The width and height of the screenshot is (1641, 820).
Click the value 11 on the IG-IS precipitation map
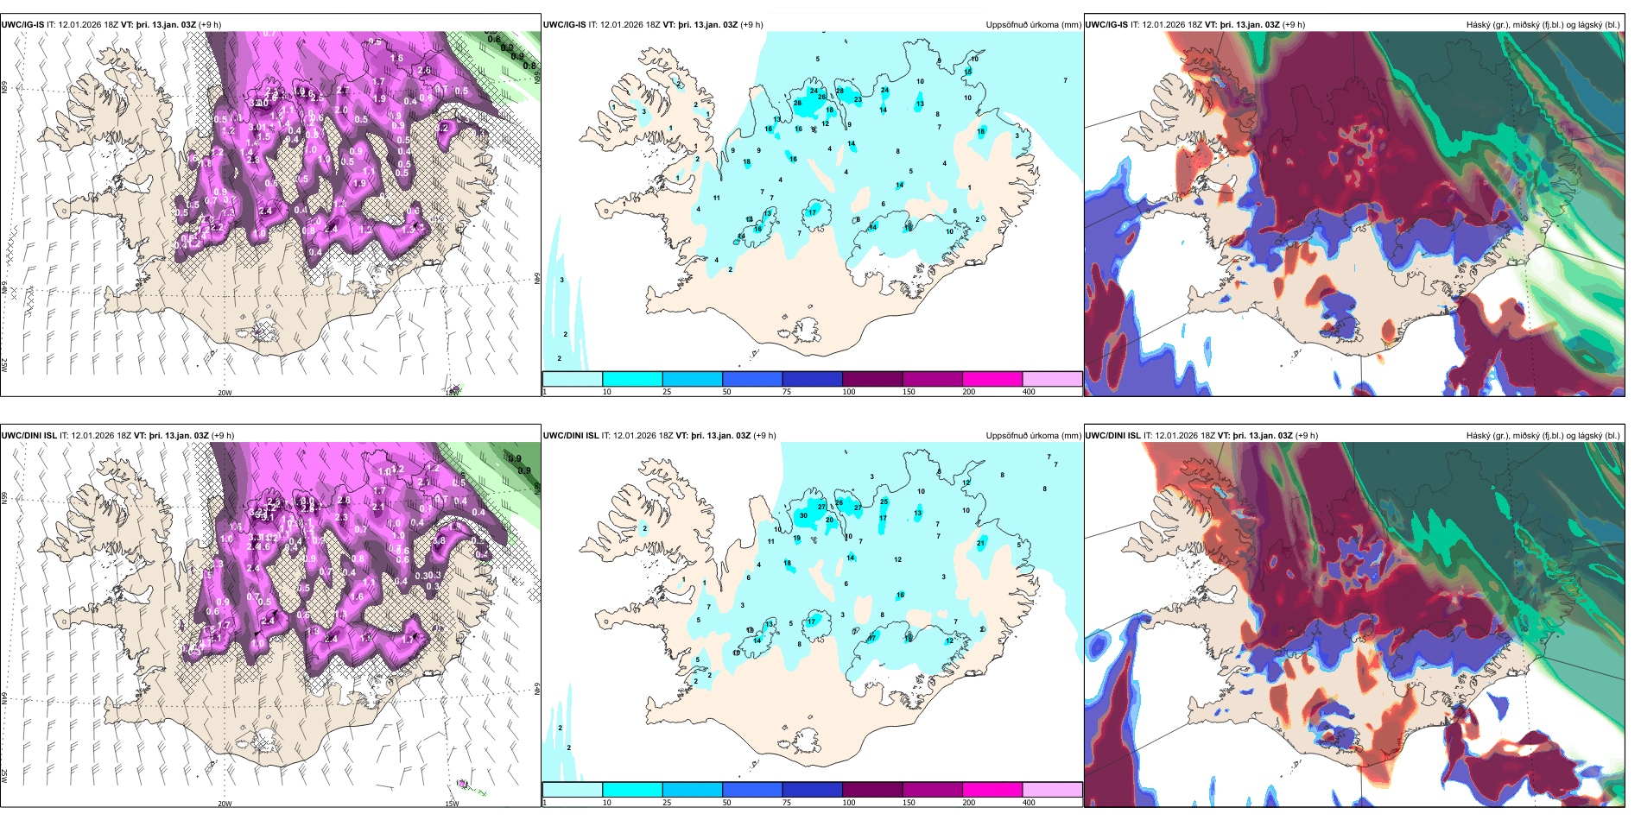click(x=717, y=199)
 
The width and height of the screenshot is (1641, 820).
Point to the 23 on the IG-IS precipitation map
click(x=858, y=100)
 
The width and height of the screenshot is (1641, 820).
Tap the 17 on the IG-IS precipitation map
click(x=813, y=212)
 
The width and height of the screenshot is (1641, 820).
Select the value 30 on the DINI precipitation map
click(x=803, y=515)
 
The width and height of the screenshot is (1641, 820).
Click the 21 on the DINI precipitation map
click(x=981, y=543)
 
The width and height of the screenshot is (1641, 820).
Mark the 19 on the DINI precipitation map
click(x=796, y=538)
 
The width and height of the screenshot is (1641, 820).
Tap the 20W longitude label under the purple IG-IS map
click(x=225, y=393)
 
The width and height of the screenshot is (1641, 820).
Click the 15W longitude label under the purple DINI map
click(x=452, y=804)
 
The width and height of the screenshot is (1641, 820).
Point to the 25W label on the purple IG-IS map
click(x=4, y=365)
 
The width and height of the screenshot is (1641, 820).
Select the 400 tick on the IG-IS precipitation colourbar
click(x=1029, y=392)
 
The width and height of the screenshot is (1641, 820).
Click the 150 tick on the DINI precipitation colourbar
click(x=909, y=803)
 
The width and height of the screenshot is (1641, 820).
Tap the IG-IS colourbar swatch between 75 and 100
click(x=812, y=379)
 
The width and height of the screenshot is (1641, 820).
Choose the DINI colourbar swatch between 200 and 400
click(x=1052, y=790)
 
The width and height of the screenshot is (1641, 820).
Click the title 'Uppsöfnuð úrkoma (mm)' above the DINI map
click(x=1033, y=436)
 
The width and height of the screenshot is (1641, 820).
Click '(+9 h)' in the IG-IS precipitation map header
click(x=751, y=25)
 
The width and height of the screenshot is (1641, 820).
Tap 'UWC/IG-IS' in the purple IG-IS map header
click(x=22, y=25)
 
